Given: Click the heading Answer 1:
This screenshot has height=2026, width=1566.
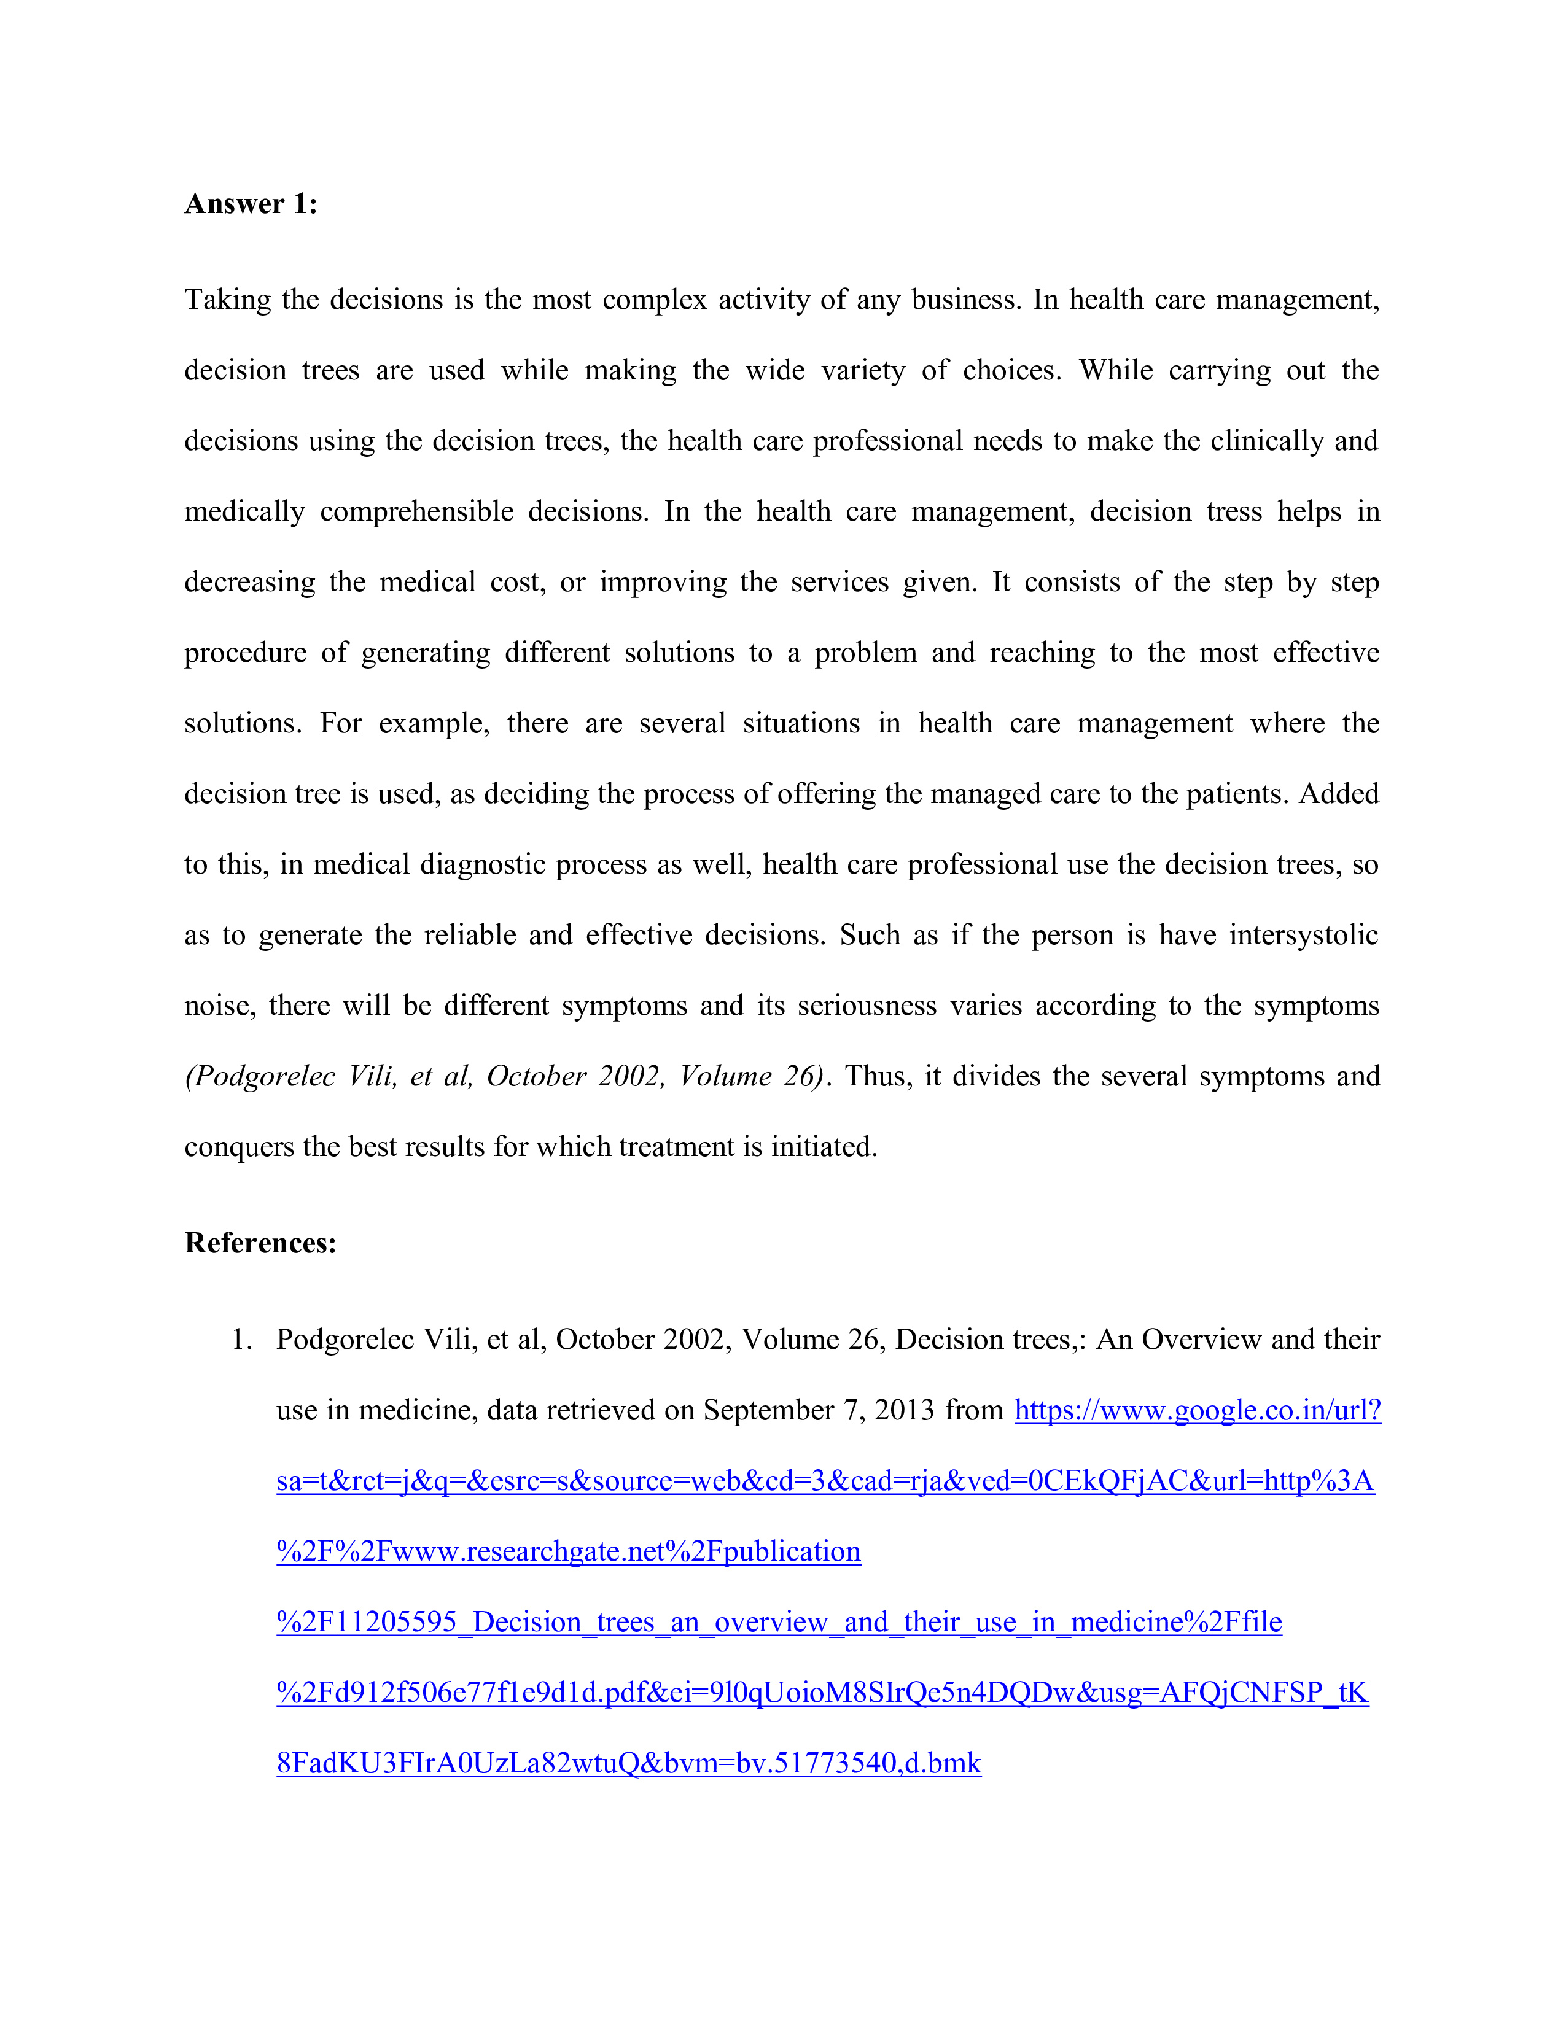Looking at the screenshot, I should point(251,204).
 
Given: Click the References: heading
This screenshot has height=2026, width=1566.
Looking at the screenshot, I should point(260,1243).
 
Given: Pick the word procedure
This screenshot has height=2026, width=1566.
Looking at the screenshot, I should point(245,653).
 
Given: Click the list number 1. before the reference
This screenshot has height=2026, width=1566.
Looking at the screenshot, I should point(241,1340).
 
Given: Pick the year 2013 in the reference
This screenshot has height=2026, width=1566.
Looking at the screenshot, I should point(903,1410).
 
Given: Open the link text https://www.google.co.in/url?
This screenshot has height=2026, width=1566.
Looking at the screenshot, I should point(1198,1410).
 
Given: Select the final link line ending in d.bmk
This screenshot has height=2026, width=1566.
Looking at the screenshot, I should point(628,1763).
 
